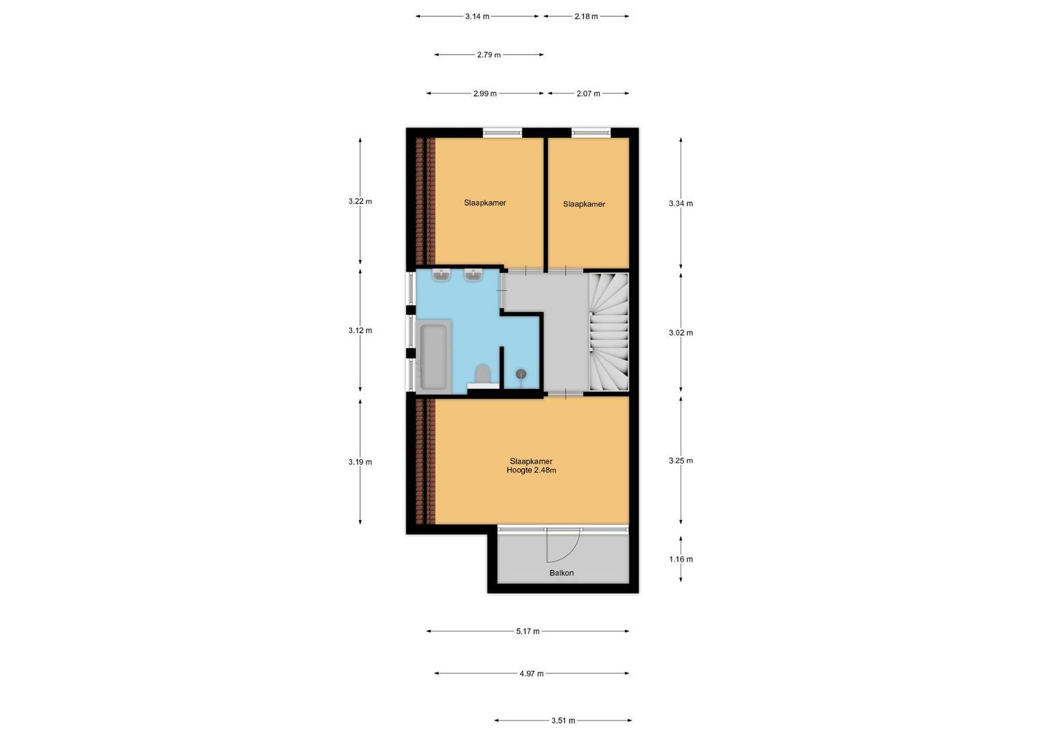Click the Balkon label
(561, 573)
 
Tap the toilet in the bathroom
(482, 374)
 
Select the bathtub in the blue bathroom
(433, 356)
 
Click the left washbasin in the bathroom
(442, 275)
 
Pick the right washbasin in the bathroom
(474, 275)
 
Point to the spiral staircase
(608, 332)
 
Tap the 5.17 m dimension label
(527, 631)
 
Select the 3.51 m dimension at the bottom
(563, 720)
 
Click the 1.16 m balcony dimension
(680, 559)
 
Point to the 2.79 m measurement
(489, 55)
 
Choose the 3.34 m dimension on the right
(680, 203)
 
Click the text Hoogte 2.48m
(531, 470)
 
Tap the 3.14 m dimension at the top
(477, 16)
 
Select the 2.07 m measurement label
(588, 93)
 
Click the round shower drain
(521, 373)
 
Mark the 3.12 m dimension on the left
(360, 330)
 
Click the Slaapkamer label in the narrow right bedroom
(583, 204)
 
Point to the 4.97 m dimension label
(532, 674)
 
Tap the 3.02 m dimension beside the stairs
(680, 333)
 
